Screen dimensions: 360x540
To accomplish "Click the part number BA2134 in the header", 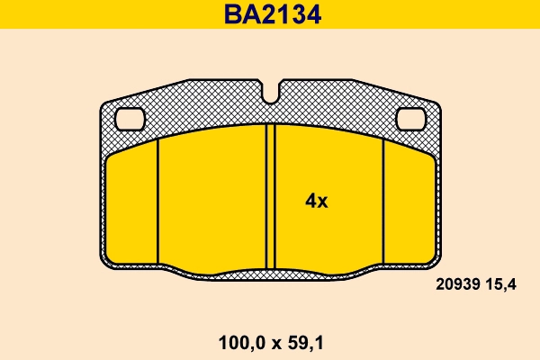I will coord(271,13).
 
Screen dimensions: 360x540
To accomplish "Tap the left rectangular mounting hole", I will coord(131,117).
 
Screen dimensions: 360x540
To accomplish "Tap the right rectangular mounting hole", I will coord(411,117).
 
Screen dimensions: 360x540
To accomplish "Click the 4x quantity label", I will coord(316,202).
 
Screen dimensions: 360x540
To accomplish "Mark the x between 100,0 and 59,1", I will coord(272,342).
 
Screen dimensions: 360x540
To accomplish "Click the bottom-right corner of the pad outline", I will coord(437,262).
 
